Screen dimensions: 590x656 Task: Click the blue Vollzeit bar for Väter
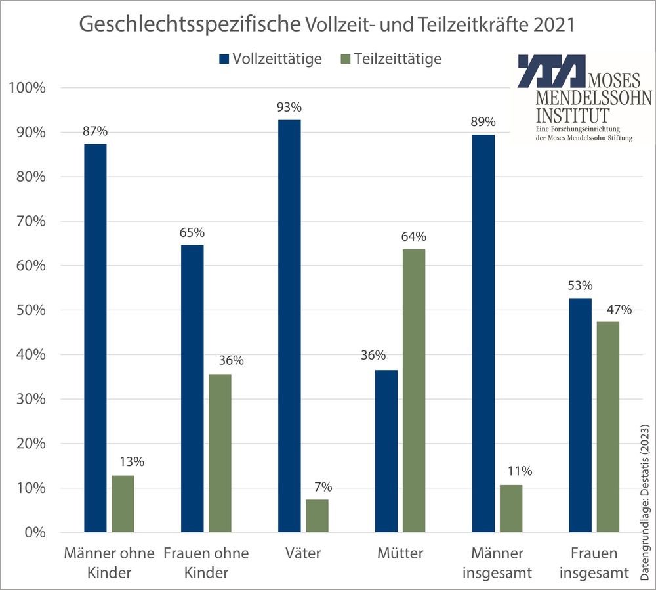(x=289, y=326)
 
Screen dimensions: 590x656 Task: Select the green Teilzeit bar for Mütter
(x=414, y=390)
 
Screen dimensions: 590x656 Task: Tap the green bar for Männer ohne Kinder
(x=123, y=503)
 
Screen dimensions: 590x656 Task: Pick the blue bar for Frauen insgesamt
(x=580, y=415)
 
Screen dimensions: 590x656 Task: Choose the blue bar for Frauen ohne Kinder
(x=192, y=388)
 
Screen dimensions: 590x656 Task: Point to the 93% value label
(x=289, y=107)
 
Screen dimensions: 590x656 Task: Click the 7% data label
(x=323, y=487)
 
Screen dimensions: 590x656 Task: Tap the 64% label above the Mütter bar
(x=414, y=236)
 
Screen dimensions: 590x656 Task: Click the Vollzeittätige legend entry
(x=270, y=58)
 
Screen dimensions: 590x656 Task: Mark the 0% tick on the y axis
(x=31, y=532)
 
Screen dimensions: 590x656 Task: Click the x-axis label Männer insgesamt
(x=496, y=562)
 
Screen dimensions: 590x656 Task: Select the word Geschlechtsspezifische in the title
(x=190, y=26)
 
